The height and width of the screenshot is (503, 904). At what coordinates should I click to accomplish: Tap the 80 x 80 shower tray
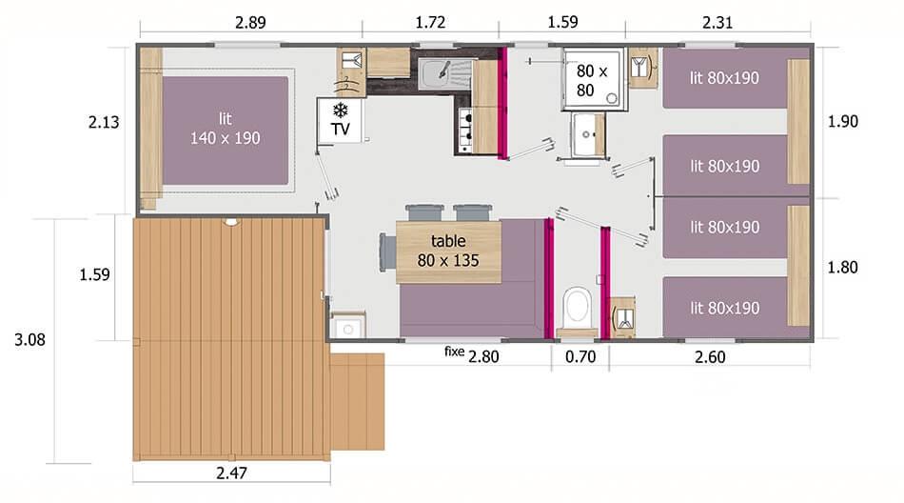(593, 80)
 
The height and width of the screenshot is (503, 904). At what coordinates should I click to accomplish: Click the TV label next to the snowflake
(340, 128)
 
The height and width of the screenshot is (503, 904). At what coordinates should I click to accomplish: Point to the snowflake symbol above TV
(340, 108)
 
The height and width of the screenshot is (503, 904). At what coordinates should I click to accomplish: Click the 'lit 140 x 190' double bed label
(225, 129)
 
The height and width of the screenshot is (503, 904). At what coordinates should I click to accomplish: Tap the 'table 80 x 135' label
(447, 251)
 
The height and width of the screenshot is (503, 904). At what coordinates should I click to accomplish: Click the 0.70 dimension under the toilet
(580, 356)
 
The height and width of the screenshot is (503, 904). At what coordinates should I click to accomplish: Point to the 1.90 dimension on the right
(843, 121)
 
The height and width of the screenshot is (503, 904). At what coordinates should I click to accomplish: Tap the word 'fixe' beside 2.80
(455, 352)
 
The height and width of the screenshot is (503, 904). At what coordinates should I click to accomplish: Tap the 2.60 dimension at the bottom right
(709, 356)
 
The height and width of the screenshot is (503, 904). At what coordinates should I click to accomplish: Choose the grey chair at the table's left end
(387, 251)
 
